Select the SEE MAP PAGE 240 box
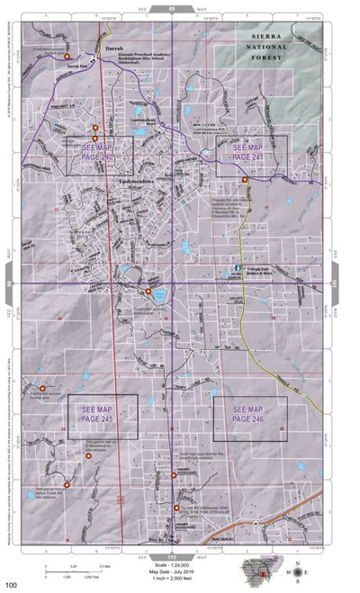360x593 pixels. tap(99, 154)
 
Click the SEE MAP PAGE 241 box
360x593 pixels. tap(251, 155)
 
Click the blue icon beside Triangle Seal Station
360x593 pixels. tap(238, 267)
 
